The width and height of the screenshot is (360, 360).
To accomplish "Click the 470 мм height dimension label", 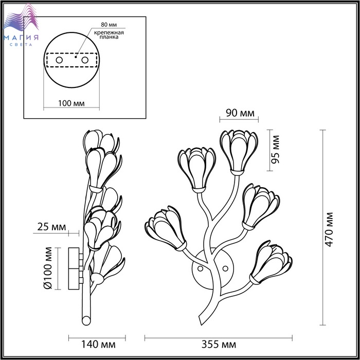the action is (329, 229).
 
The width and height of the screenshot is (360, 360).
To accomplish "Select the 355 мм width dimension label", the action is (219, 345).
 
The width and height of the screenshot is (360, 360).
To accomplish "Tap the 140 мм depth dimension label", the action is (98, 345).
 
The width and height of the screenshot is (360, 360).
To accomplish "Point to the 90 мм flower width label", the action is (240, 113).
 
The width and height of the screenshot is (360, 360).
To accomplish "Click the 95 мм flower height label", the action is (275, 150).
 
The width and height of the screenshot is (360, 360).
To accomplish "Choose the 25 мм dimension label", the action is (51, 227).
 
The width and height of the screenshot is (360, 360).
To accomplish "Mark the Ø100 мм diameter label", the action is (47, 268).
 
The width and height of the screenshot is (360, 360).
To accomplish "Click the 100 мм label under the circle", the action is (71, 103).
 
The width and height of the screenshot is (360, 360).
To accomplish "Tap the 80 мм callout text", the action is (109, 25).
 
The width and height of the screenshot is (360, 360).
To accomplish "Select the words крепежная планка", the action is (109, 34).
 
